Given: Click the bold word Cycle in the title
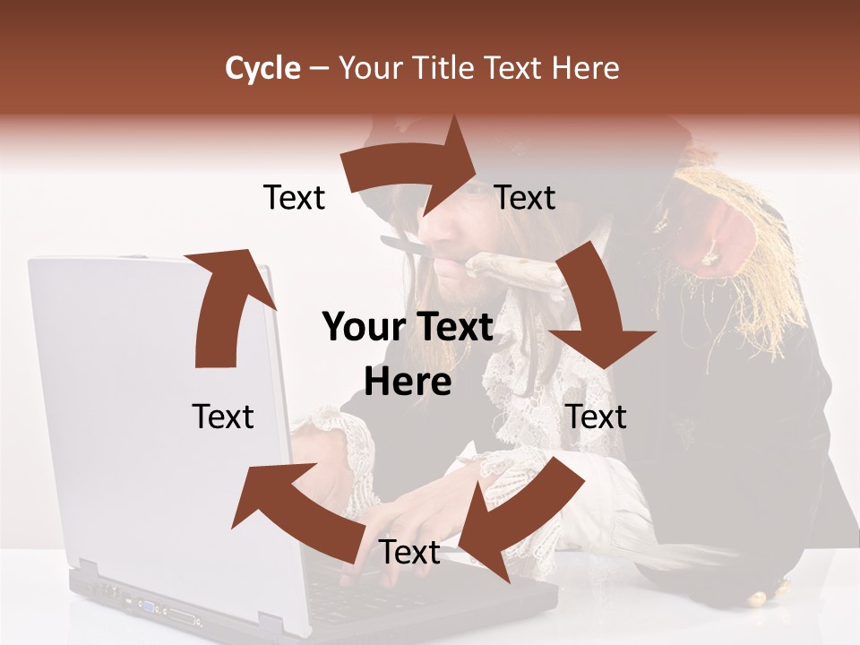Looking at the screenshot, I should pos(262,68).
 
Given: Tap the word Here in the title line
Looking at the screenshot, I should pos(585,68).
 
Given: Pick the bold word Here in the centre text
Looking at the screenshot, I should pos(408,383).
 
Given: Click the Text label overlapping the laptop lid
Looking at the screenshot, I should pos(223,417).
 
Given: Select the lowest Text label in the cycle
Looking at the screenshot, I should pos(409,553).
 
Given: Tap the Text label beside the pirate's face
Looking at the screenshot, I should pos(525,197).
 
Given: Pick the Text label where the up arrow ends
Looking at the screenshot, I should pos(294,197).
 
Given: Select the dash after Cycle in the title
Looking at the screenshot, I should pos(319,68).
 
